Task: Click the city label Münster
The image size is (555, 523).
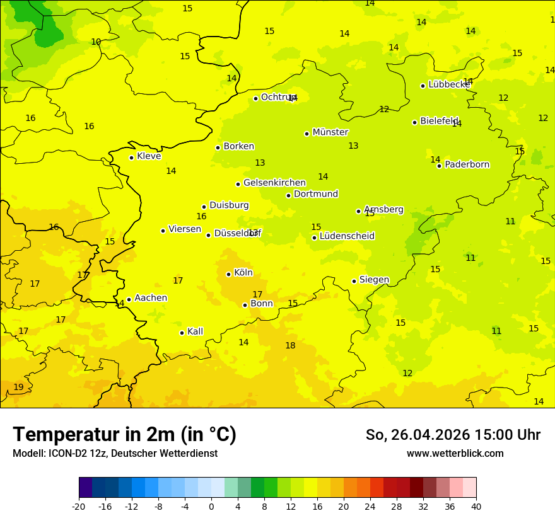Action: click(330, 132)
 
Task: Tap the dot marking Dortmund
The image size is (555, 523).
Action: click(288, 195)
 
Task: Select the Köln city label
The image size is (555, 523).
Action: click(243, 273)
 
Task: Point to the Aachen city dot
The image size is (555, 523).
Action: click(129, 300)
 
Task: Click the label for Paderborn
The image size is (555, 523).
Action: click(467, 164)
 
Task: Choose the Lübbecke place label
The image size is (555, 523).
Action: click(448, 84)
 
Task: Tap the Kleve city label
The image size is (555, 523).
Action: click(149, 156)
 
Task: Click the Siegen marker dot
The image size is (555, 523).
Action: click(354, 282)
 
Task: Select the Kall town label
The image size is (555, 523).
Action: click(195, 331)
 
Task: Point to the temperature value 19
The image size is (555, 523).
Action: click(18, 387)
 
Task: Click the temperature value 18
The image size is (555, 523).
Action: click(290, 345)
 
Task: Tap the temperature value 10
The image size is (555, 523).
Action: click(96, 42)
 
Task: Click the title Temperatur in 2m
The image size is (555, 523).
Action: click(124, 435)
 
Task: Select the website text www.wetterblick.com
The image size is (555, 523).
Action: click(455, 453)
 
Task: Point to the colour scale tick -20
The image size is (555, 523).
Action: click(79, 506)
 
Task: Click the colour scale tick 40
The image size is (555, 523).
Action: click(476, 506)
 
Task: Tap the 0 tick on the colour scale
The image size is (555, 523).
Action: click(211, 506)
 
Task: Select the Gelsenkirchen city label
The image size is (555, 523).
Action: click(274, 183)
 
